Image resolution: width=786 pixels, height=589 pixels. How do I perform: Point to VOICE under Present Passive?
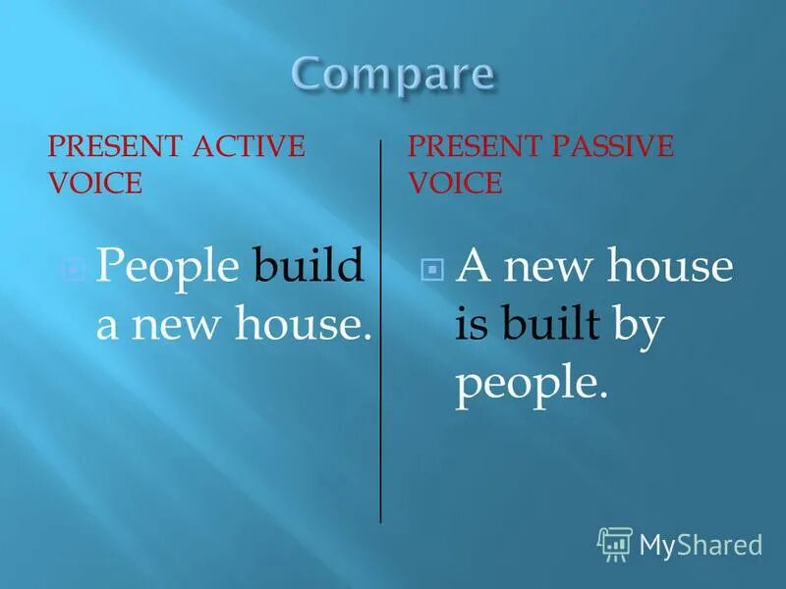tap(455, 183)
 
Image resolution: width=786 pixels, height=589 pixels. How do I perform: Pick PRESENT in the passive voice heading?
tap(471, 147)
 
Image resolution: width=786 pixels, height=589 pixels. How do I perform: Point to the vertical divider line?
tap(381, 334)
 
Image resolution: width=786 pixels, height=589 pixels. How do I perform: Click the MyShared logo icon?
tap(614, 543)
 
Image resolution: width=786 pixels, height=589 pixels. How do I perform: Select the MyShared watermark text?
tap(701, 544)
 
